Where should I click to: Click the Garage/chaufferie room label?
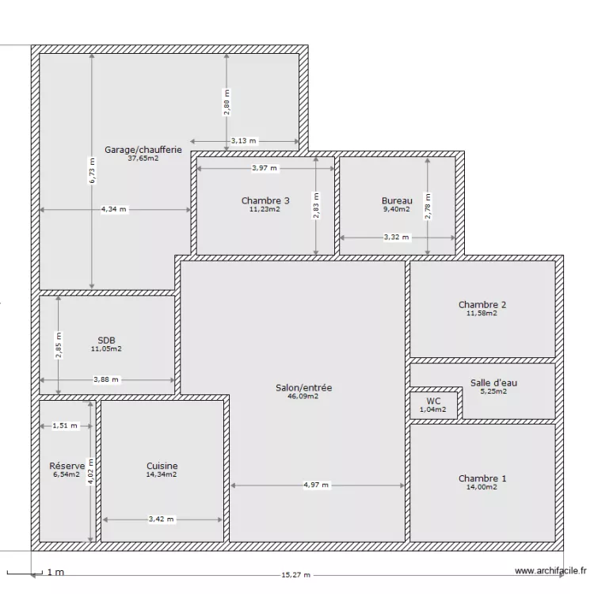tap(143, 149)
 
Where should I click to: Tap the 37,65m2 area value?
tap(143, 158)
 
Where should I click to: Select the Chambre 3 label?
tap(265, 200)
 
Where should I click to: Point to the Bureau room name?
tap(397, 200)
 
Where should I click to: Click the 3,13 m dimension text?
tap(244, 141)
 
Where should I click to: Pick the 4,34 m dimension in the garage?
tap(114, 209)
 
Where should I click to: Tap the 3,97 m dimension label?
tap(265, 168)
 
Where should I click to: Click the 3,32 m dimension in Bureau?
tap(397, 237)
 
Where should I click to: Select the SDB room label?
tap(107, 340)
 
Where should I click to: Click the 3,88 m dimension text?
tap(106, 379)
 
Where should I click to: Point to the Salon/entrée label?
tap(303, 387)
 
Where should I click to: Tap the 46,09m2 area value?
tap(303, 397)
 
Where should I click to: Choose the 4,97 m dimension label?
tap(317, 485)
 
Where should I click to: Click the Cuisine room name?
tap(162, 466)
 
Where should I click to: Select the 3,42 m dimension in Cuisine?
tap(162, 520)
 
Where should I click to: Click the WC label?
tap(433, 402)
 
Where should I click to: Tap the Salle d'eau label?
tap(493, 383)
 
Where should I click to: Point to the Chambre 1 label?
tap(482, 478)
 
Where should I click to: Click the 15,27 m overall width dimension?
tap(295, 576)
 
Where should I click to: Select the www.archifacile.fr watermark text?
tap(550, 570)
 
